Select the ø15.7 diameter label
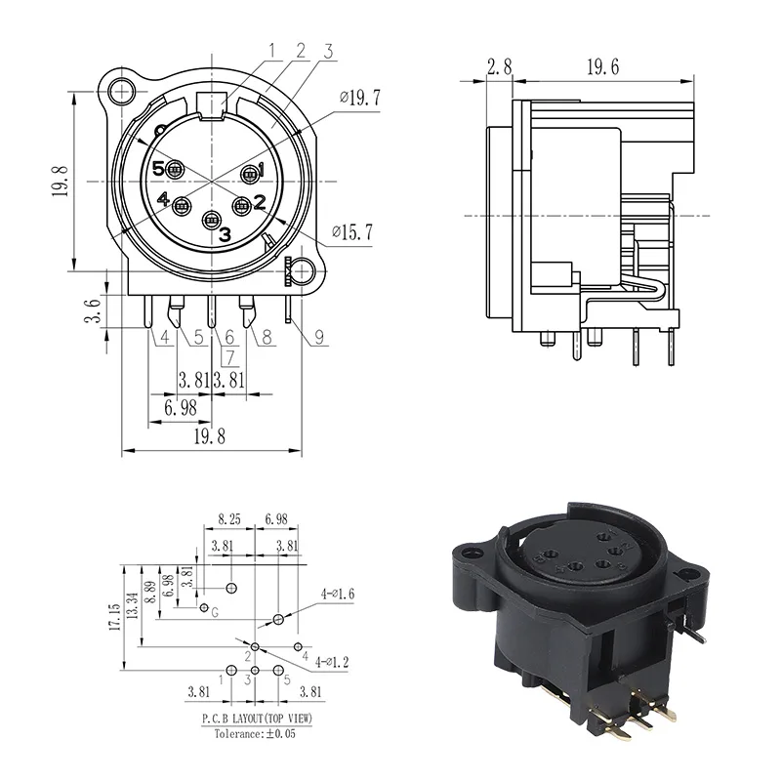click(x=354, y=231)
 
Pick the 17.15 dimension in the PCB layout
click(x=116, y=617)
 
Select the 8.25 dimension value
click(x=228, y=522)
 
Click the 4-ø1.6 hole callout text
click(x=338, y=593)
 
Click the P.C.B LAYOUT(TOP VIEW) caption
click(x=259, y=718)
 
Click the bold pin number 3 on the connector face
click(x=225, y=234)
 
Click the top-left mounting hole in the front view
click(x=121, y=93)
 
